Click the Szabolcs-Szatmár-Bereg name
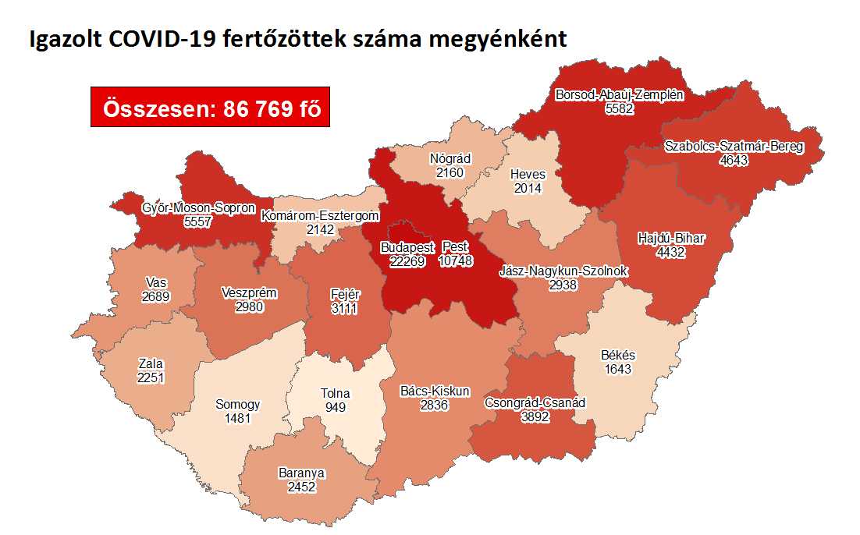(734, 146)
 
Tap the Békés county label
(618, 355)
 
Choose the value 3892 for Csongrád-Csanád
(535, 417)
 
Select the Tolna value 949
(336, 407)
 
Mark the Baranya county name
(301, 473)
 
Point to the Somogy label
(237, 405)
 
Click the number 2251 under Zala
(152, 377)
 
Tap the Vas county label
(155, 282)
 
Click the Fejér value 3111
(346, 308)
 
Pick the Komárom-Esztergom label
(320, 215)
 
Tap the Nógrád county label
(450, 159)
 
